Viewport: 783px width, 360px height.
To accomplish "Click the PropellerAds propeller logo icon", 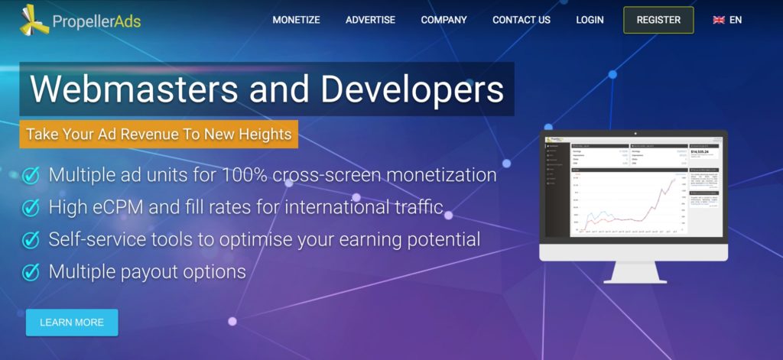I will tap(34, 20).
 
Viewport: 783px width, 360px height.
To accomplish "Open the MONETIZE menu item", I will tap(296, 20).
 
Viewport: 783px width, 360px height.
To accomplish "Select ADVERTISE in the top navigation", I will tap(370, 20).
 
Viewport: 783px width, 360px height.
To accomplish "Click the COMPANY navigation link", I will tap(443, 20).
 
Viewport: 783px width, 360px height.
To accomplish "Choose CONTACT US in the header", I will tap(521, 20).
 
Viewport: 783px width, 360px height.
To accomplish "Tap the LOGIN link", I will tap(590, 20).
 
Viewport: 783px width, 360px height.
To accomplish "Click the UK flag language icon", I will tap(719, 20).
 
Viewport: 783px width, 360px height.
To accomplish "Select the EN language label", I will tap(736, 20).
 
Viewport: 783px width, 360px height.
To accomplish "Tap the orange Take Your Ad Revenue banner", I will tap(159, 135).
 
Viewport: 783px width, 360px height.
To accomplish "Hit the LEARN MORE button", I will tap(72, 323).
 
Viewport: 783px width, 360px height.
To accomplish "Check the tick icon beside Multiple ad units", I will tap(31, 175).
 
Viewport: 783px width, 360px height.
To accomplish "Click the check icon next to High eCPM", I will tap(31, 207).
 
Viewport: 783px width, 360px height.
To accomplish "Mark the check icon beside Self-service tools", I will tap(31, 239).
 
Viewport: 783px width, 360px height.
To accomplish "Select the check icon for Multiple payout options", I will tap(31, 271).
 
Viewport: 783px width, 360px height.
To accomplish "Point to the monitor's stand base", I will tap(634, 280).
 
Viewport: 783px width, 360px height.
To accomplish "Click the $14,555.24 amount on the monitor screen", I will tap(700, 151).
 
